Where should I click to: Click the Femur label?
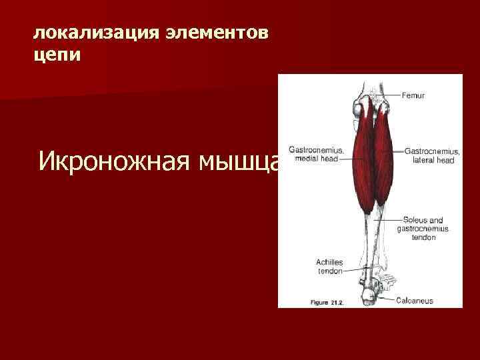[413, 95]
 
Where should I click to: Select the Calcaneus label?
[414, 301]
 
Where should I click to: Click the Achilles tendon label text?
[329, 267]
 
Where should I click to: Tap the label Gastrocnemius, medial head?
[315, 154]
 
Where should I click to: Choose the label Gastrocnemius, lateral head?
[430, 156]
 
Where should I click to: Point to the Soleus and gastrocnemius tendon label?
[423, 228]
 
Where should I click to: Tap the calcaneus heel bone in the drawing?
[368, 293]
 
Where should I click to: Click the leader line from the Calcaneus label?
[387, 300]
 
